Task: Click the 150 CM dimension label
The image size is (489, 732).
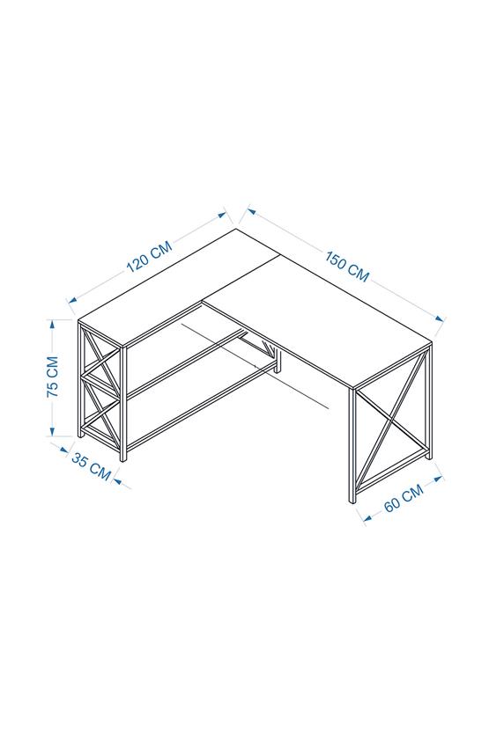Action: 347,266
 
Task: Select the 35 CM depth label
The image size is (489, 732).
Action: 92,465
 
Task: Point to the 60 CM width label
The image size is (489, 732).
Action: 404,498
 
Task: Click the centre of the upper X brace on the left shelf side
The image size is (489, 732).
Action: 99,363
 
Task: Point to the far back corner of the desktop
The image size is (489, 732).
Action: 236,230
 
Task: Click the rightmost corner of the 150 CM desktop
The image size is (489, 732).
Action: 433,341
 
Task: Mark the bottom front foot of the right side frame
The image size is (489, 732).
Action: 352,501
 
